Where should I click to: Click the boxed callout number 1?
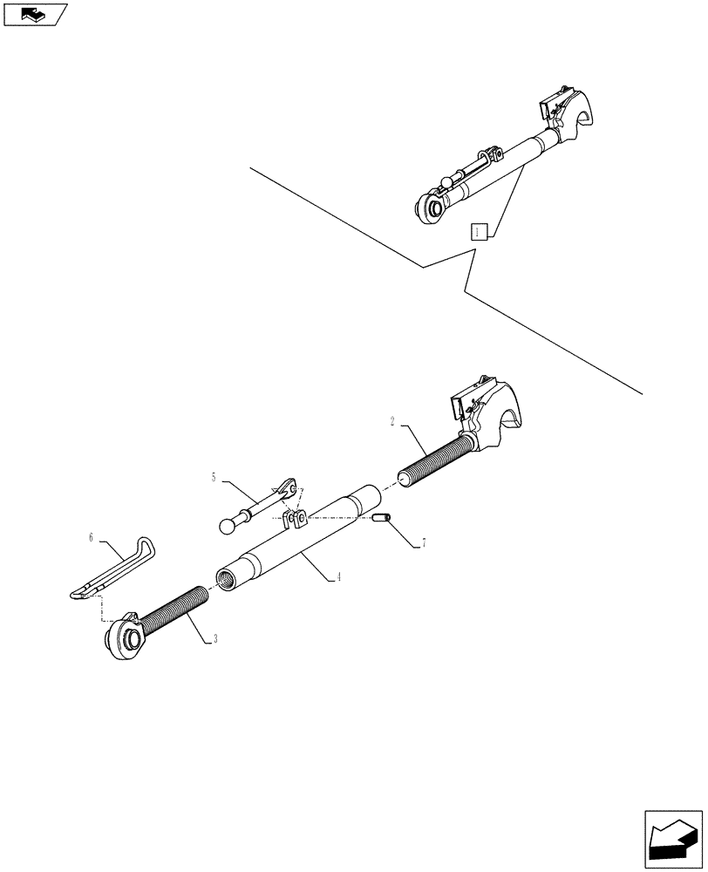[x=477, y=231]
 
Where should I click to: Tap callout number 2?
[x=393, y=421]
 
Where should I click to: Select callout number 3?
[x=215, y=639]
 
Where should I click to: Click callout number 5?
[x=214, y=477]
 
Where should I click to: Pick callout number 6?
[x=91, y=538]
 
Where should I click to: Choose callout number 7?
[x=424, y=542]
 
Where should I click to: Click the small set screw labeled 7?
[x=381, y=521]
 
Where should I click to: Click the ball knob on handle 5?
[x=228, y=525]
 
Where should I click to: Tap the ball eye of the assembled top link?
[x=429, y=207]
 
